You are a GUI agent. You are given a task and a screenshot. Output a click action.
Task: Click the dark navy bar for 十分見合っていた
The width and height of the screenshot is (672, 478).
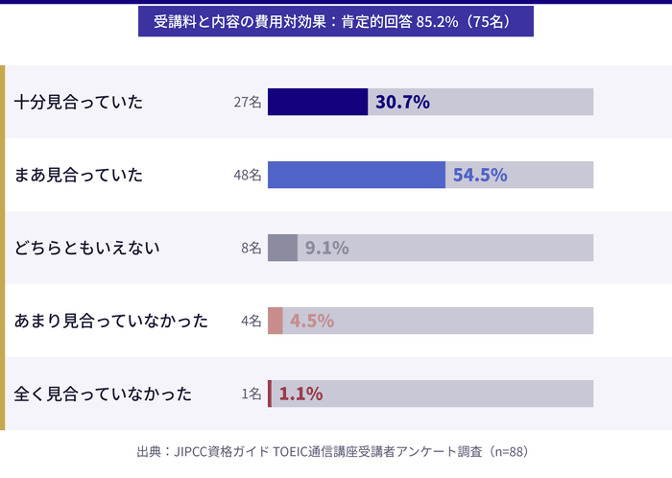pyautogui.click(x=318, y=102)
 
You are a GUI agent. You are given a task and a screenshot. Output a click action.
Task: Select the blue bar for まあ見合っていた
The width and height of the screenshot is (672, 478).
pyautogui.click(x=356, y=175)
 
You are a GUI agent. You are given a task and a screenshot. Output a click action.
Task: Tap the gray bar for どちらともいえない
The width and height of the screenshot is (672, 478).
pyautogui.click(x=282, y=248)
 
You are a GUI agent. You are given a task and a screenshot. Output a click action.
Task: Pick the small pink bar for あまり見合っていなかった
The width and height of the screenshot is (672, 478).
pyautogui.click(x=276, y=321)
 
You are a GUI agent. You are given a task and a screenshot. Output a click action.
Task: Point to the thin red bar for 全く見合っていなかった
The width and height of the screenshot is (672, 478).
pyautogui.click(x=270, y=394)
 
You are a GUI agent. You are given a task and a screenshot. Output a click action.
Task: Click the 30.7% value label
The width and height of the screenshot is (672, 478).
pyautogui.click(x=402, y=102)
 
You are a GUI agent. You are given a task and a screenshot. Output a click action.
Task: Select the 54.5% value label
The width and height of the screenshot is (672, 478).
pyautogui.click(x=480, y=175)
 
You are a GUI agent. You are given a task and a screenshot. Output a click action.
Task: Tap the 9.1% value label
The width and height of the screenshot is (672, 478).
pyautogui.click(x=326, y=248)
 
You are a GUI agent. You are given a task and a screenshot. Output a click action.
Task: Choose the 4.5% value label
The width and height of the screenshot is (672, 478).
pyautogui.click(x=311, y=321)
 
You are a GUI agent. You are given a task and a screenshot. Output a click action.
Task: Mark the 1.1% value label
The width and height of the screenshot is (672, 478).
pyautogui.click(x=300, y=394)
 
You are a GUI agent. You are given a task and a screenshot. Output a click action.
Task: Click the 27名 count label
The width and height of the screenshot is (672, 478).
pyautogui.click(x=247, y=103)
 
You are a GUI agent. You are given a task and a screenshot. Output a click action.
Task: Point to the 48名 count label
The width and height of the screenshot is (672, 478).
pyautogui.click(x=247, y=176)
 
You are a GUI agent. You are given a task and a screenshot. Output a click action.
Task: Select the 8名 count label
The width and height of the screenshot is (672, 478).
pyautogui.click(x=251, y=249)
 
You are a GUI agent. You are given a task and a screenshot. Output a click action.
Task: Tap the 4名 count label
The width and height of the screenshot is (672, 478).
pyautogui.click(x=251, y=322)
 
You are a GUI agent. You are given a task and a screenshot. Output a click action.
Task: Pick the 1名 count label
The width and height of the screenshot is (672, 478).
pyautogui.click(x=251, y=394)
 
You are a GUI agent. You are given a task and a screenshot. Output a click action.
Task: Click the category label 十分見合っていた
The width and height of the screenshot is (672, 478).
pyautogui.click(x=79, y=102)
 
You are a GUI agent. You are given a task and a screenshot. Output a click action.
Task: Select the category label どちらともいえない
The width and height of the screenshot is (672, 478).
pyautogui.click(x=87, y=248)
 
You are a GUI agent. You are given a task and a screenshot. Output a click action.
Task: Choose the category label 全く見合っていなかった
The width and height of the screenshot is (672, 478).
pyautogui.click(x=104, y=394)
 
